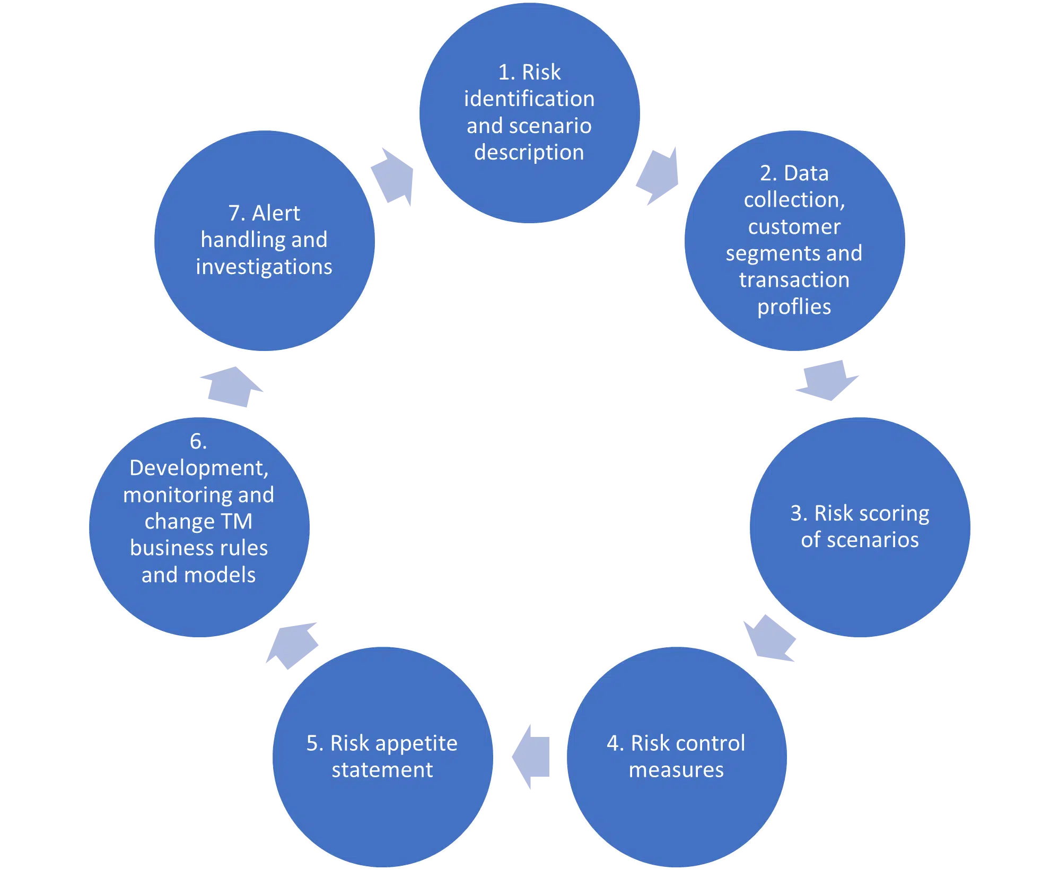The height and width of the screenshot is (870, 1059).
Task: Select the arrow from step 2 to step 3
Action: tap(827, 380)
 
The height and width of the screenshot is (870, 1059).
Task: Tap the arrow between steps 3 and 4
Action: tap(771, 638)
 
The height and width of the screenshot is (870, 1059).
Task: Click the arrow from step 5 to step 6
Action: tap(292, 644)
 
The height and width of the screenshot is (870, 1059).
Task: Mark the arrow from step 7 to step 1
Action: tap(393, 177)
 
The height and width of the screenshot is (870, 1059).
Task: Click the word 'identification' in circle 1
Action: tap(529, 99)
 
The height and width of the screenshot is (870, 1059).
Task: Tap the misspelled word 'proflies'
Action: tap(794, 307)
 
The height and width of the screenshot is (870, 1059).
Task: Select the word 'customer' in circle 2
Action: tap(794, 227)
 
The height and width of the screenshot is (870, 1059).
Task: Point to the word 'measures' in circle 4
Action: tap(676, 770)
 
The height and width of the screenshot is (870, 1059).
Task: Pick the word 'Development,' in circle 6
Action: tap(199, 468)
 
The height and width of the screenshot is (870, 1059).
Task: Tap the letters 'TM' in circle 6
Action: tap(237, 521)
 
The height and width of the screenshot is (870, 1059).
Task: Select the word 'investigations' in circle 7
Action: tap(264, 267)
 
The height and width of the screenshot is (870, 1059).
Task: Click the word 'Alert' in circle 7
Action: tap(276, 213)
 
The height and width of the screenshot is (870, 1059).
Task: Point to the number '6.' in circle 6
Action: tap(198, 442)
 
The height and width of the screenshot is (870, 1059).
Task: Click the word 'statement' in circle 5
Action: tap(382, 770)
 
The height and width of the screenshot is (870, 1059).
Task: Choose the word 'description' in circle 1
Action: tap(529, 153)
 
